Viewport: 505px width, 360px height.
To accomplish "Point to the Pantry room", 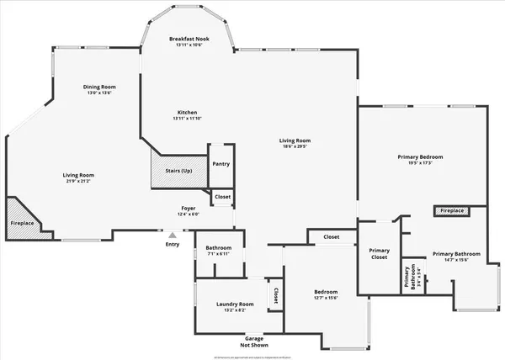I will coord(221,164).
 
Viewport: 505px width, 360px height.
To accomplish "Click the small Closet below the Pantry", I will coord(222,197).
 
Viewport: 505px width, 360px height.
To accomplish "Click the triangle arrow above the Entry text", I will coord(173,236).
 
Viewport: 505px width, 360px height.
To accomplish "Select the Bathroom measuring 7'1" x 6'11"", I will coord(219,260).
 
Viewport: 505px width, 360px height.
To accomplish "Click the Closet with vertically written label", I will coord(275,295).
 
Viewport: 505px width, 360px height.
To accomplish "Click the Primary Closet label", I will coord(379,254).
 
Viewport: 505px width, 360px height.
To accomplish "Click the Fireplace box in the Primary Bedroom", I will coord(452,210).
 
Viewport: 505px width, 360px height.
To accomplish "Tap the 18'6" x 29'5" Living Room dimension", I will coord(295,146).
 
